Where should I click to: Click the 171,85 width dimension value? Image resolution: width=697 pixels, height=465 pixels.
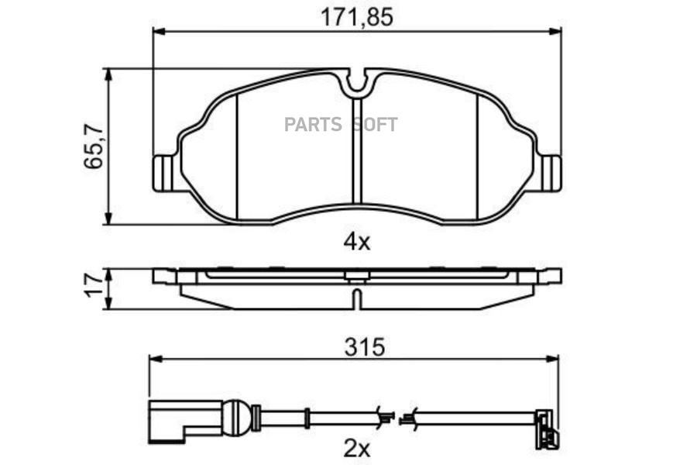point(357,17)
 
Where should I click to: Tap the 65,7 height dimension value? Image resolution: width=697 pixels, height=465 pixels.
point(94,146)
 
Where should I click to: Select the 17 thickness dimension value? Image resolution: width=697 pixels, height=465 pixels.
point(94,285)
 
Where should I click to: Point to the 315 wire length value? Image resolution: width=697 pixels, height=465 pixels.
point(364,346)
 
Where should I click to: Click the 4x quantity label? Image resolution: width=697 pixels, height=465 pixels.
point(356,242)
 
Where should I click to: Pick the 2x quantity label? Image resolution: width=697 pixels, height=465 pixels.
point(356,449)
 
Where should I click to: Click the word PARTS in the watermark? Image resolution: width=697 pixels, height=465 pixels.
point(313,125)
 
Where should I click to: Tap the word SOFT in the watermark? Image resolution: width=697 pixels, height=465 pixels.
point(375,125)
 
